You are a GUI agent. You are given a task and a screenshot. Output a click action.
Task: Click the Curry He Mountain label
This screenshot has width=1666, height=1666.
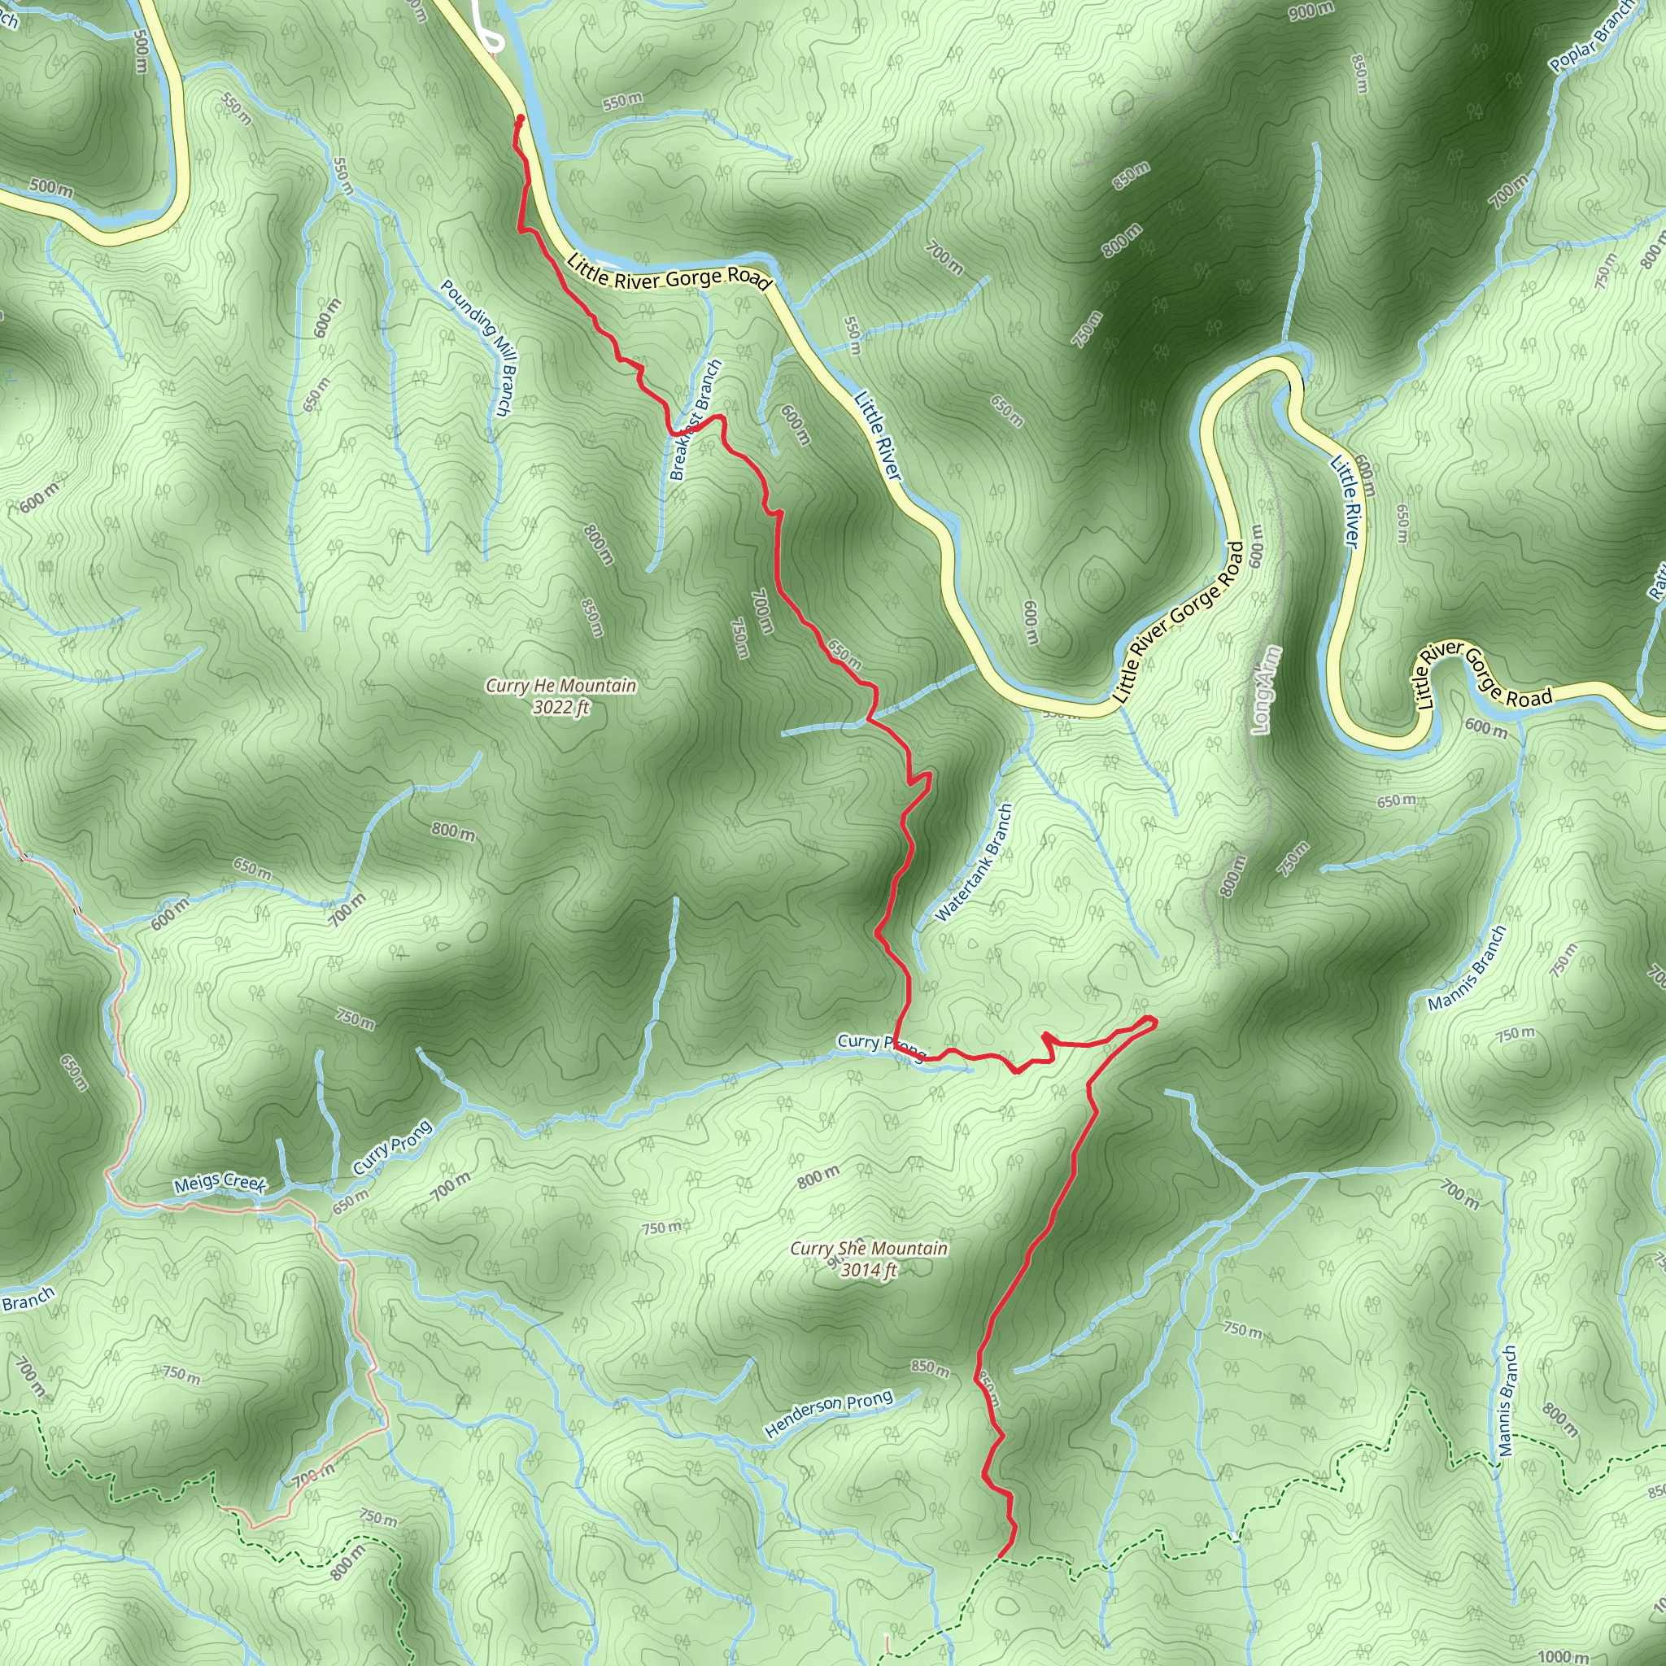[x=560, y=686]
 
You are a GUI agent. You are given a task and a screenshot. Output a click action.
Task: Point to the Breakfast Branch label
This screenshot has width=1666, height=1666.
[x=694, y=420]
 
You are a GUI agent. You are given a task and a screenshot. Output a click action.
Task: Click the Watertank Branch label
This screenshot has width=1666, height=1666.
[x=974, y=862]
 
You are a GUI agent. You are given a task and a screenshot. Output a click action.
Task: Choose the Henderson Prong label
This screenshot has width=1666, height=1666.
[x=828, y=1415]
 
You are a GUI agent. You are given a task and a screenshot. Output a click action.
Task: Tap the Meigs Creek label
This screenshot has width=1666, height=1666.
[x=220, y=1183]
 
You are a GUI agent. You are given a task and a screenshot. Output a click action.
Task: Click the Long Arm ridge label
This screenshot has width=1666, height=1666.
[x=1265, y=690]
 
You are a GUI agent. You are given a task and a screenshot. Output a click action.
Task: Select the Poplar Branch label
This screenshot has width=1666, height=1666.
[x=1591, y=37]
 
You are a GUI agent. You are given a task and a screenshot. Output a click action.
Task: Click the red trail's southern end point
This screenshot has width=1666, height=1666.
[x=1000, y=1557]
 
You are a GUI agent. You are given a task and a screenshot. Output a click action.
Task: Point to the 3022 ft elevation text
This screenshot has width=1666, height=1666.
[x=560, y=708]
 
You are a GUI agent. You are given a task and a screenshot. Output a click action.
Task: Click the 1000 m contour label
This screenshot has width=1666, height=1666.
[x=1563, y=1655]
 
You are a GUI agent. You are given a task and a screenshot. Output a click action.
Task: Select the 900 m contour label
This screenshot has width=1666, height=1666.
[x=1311, y=11]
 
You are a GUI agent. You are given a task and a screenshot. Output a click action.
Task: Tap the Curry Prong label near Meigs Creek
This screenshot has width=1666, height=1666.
[x=392, y=1147]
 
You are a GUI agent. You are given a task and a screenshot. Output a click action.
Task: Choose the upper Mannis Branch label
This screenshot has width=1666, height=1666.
[x=1466, y=967]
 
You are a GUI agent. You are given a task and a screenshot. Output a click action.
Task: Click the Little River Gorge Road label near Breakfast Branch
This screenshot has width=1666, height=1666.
[x=669, y=273]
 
